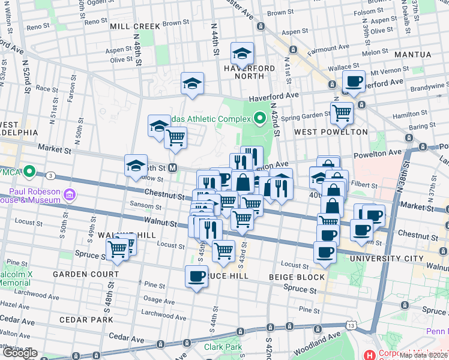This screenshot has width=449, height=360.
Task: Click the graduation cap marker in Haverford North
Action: [242, 54]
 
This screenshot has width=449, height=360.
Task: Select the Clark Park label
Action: [223, 347]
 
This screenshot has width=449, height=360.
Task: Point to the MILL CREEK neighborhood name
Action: [135, 26]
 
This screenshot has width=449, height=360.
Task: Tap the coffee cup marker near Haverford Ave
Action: [353, 81]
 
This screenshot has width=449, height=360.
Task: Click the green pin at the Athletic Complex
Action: [260, 118]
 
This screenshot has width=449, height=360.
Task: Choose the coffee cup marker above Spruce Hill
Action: [197, 277]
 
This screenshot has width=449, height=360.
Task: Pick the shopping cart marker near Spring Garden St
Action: [342, 112]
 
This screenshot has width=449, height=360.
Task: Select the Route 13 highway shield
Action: [351, 341]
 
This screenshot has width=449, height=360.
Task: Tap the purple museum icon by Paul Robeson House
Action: [70, 194]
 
